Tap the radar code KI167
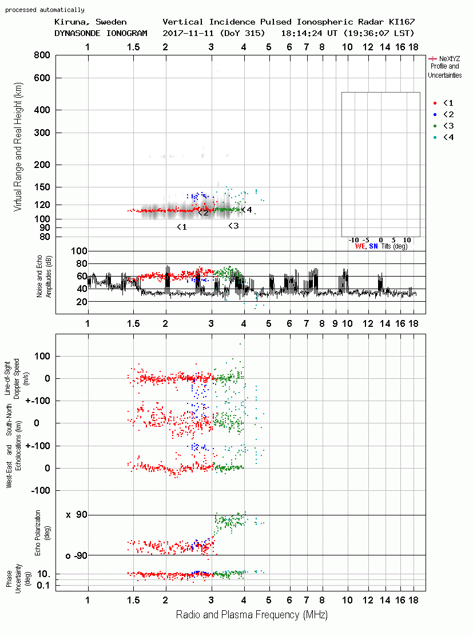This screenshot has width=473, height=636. pos(402,22)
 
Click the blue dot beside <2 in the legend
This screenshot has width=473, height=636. pos(435,114)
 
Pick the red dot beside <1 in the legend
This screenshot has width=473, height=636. pos(435,103)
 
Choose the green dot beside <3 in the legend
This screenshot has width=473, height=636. pos(435,126)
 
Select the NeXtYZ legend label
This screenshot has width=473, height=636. pos(450,59)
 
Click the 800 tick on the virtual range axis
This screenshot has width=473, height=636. pos(42,55)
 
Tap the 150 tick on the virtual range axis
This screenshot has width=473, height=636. pos(42,187)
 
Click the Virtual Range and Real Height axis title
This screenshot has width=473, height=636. pos(18,147)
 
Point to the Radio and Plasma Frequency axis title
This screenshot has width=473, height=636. pos(252,615)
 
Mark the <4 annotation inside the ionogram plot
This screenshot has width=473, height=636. pos(247,210)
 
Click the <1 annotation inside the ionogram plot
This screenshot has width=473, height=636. pos(182,227)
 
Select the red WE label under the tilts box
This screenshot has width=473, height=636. pos(360,246)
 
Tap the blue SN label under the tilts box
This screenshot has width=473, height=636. pos(373,246)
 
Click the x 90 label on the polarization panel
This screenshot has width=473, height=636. pos(77,515)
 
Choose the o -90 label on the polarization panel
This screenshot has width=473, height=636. pos(77,555)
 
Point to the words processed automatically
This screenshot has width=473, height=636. pos(45,10)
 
